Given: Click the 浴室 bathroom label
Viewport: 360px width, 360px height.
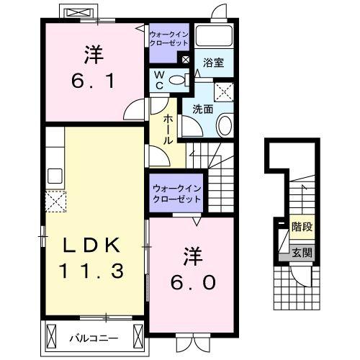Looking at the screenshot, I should click(212, 63).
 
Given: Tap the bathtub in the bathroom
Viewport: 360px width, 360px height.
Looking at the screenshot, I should click(213, 37).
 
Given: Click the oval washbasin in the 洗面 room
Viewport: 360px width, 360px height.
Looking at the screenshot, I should click(223, 127).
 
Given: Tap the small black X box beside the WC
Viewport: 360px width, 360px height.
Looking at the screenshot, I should click(186, 60).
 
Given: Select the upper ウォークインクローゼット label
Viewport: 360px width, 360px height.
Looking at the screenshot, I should click(169, 38).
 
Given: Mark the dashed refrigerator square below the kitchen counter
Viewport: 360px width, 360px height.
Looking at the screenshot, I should click(55, 202).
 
